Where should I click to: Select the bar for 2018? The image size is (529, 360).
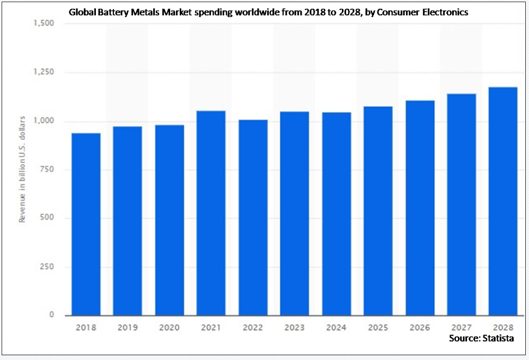[x=86, y=224]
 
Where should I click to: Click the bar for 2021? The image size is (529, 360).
[x=211, y=213]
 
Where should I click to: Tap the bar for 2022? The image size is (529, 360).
[x=253, y=217]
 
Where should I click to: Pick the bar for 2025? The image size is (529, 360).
[x=378, y=211]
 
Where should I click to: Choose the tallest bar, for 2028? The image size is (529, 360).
[x=503, y=201]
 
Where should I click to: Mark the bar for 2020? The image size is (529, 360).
[x=170, y=221]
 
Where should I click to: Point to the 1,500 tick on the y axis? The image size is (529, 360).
[x=43, y=23]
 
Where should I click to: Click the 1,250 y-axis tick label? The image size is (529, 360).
[x=43, y=72]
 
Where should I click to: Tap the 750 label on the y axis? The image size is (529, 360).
[x=47, y=169]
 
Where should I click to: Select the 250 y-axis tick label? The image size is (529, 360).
[x=47, y=267]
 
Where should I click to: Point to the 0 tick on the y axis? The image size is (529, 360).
[x=51, y=314]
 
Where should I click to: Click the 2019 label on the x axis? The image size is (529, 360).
[x=128, y=327]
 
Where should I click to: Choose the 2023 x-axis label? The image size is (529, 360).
[x=295, y=327]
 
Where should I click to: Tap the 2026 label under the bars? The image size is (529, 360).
[x=420, y=327]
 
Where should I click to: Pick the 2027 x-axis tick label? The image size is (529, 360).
[x=462, y=327]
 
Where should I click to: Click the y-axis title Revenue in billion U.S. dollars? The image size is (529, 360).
[x=22, y=169]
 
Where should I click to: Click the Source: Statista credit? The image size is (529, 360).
[x=481, y=338]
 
